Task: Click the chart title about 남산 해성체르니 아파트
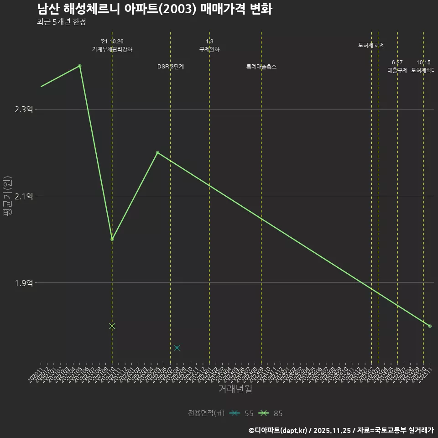[155, 9]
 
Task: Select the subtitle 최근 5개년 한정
[62, 21]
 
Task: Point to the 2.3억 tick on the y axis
[24, 109]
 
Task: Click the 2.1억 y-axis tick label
[24, 196]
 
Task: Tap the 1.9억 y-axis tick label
[24, 283]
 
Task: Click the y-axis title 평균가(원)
[8, 196]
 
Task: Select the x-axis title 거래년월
[235, 389]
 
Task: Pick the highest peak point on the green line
[80, 66]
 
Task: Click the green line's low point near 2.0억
[112, 239]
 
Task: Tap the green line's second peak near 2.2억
[157, 152]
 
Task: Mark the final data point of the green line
[430, 326]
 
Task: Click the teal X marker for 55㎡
[177, 348]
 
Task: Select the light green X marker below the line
[112, 326]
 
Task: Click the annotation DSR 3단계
[171, 67]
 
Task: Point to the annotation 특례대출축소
[261, 67]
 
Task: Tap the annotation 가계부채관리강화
[112, 49]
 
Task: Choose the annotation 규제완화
[209, 49]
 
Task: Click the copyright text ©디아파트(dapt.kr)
[278, 430]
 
